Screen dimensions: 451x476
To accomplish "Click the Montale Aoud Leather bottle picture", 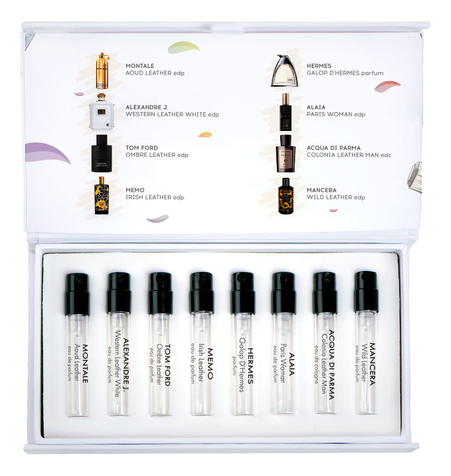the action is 102,71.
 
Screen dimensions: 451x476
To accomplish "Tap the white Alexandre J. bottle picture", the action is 102,112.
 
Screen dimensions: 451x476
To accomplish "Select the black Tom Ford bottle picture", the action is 102,154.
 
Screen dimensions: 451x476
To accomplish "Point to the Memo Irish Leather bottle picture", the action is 102,195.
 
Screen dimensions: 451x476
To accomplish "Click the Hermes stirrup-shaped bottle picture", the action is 285,71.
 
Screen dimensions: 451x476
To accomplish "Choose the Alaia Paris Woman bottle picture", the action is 285,112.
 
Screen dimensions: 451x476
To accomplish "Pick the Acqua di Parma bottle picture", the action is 286,154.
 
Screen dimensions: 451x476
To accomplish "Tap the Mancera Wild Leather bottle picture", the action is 286,196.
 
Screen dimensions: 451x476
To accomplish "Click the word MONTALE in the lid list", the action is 140,66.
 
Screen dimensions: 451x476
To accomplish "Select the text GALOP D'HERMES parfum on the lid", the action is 345,73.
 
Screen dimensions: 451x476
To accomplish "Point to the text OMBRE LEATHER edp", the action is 157,155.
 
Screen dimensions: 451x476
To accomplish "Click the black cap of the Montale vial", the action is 77,294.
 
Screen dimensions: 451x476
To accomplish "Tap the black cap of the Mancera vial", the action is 366,292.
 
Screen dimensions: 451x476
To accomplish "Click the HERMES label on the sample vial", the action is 250,366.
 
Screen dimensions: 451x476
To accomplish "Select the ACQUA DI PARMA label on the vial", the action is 332,364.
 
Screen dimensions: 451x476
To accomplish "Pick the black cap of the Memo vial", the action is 202,293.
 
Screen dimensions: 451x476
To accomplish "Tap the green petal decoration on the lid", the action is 183,47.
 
